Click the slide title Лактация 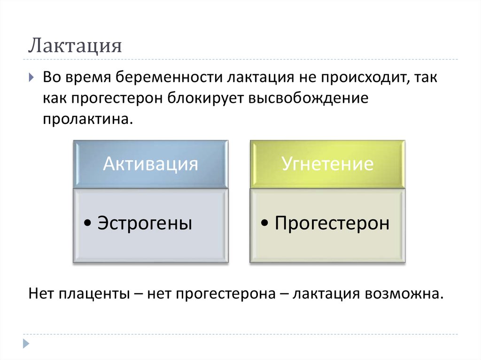point(75,46)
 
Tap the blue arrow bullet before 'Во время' point(31,77)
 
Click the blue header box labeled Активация point(150,164)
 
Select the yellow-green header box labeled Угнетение point(327,164)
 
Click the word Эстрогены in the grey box point(144,223)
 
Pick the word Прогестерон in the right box point(332,223)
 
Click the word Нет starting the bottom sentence point(41,294)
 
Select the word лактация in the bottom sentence point(325,294)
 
